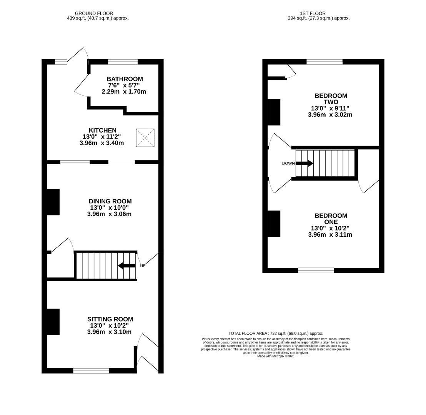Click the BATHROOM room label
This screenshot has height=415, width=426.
[125, 79]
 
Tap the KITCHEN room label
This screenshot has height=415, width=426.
[102, 130]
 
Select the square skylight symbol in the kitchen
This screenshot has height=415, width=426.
[145, 138]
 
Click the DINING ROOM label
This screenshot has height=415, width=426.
[110, 201]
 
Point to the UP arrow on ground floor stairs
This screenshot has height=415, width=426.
[126, 266]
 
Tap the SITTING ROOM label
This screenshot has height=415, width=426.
[110, 319]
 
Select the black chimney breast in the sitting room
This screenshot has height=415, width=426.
[53, 322]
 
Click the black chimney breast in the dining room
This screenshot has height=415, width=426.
[53, 202]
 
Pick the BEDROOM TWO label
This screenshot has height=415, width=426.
[331, 99]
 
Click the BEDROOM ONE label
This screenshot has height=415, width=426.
[331, 219]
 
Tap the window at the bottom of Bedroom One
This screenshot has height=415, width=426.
[316, 271]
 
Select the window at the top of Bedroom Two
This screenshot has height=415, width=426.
[324, 61]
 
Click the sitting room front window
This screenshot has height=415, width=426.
[91, 370]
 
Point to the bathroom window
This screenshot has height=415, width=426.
[123, 61]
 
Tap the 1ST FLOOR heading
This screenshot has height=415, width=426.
[313, 13]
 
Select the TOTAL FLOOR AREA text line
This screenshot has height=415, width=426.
[276, 334]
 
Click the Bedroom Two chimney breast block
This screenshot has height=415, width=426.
[274, 112]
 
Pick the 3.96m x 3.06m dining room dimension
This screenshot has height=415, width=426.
[109, 214]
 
